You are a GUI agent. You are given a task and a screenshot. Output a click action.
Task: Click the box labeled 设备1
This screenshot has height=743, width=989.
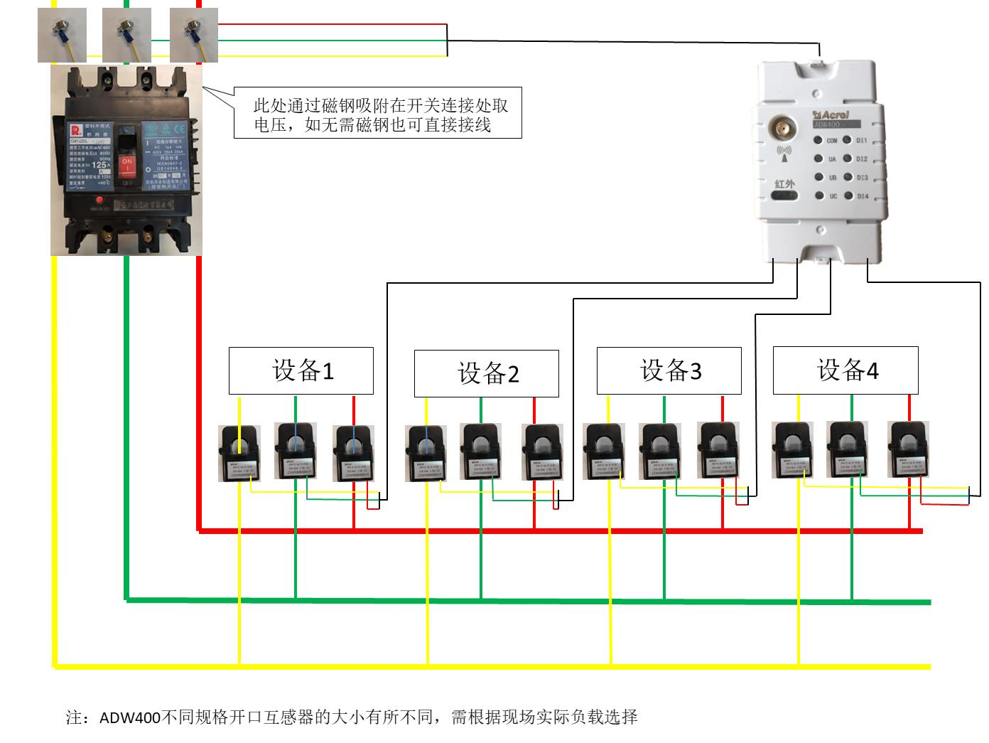point(301,370)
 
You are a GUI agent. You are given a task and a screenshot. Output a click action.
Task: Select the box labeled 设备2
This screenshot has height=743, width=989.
point(487,373)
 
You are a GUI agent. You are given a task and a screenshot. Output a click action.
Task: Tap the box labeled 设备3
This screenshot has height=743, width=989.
point(669,370)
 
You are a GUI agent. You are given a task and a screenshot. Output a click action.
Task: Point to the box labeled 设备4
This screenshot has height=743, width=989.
point(845,370)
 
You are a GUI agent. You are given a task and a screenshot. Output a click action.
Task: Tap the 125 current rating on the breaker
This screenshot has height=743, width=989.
point(99,164)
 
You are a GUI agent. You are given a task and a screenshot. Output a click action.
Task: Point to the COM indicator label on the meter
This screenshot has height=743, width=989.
point(831,141)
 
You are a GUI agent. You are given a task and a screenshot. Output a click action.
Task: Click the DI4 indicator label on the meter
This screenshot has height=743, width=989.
point(862,196)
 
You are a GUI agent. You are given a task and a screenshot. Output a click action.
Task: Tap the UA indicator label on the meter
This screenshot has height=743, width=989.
point(832,159)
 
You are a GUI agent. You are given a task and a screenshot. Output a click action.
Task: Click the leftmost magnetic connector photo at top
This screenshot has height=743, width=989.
point(63,35)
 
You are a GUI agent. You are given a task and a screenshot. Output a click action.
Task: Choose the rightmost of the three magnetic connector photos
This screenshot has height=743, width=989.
point(193,35)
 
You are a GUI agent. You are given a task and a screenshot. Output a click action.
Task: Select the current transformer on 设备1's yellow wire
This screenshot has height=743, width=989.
point(239,453)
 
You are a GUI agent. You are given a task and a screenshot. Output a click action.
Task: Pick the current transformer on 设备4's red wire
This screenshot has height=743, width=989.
point(909,449)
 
